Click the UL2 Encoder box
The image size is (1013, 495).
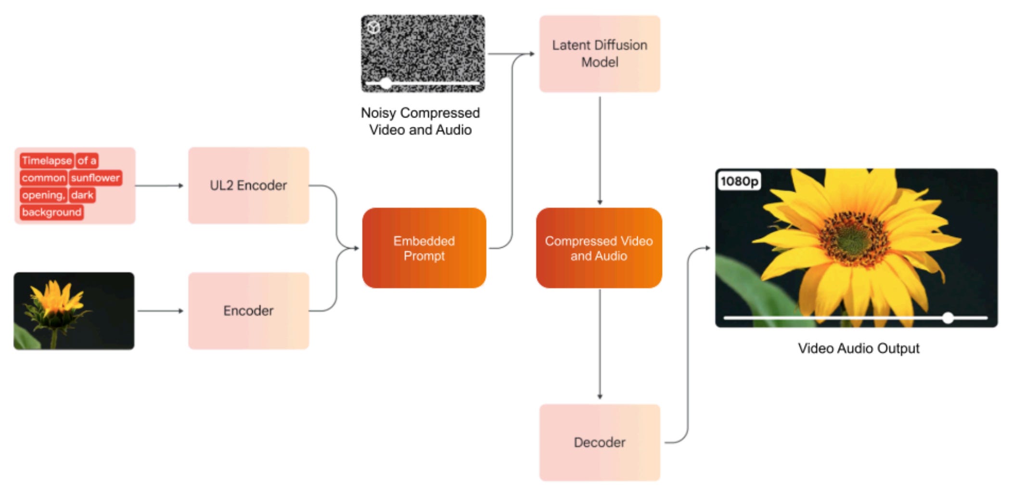(248, 185)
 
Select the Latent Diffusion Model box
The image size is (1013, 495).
(599, 53)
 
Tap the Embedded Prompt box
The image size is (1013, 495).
(423, 248)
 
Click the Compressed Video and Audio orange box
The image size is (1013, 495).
(599, 248)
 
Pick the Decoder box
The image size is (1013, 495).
(599, 442)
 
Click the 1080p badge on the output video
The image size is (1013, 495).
(739, 181)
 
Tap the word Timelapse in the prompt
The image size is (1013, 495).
(46, 161)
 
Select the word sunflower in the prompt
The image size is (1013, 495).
(95, 178)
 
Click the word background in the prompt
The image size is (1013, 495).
(51, 212)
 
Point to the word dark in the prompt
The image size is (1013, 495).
(82, 195)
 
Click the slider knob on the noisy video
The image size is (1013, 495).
(386, 84)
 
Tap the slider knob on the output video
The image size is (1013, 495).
(948, 318)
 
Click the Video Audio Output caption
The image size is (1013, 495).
(858, 348)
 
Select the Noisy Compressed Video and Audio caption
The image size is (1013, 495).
(420, 121)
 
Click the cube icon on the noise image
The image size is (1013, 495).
(373, 28)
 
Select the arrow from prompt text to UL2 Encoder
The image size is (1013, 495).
(159, 186)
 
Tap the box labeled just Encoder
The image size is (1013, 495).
(248, 311)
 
